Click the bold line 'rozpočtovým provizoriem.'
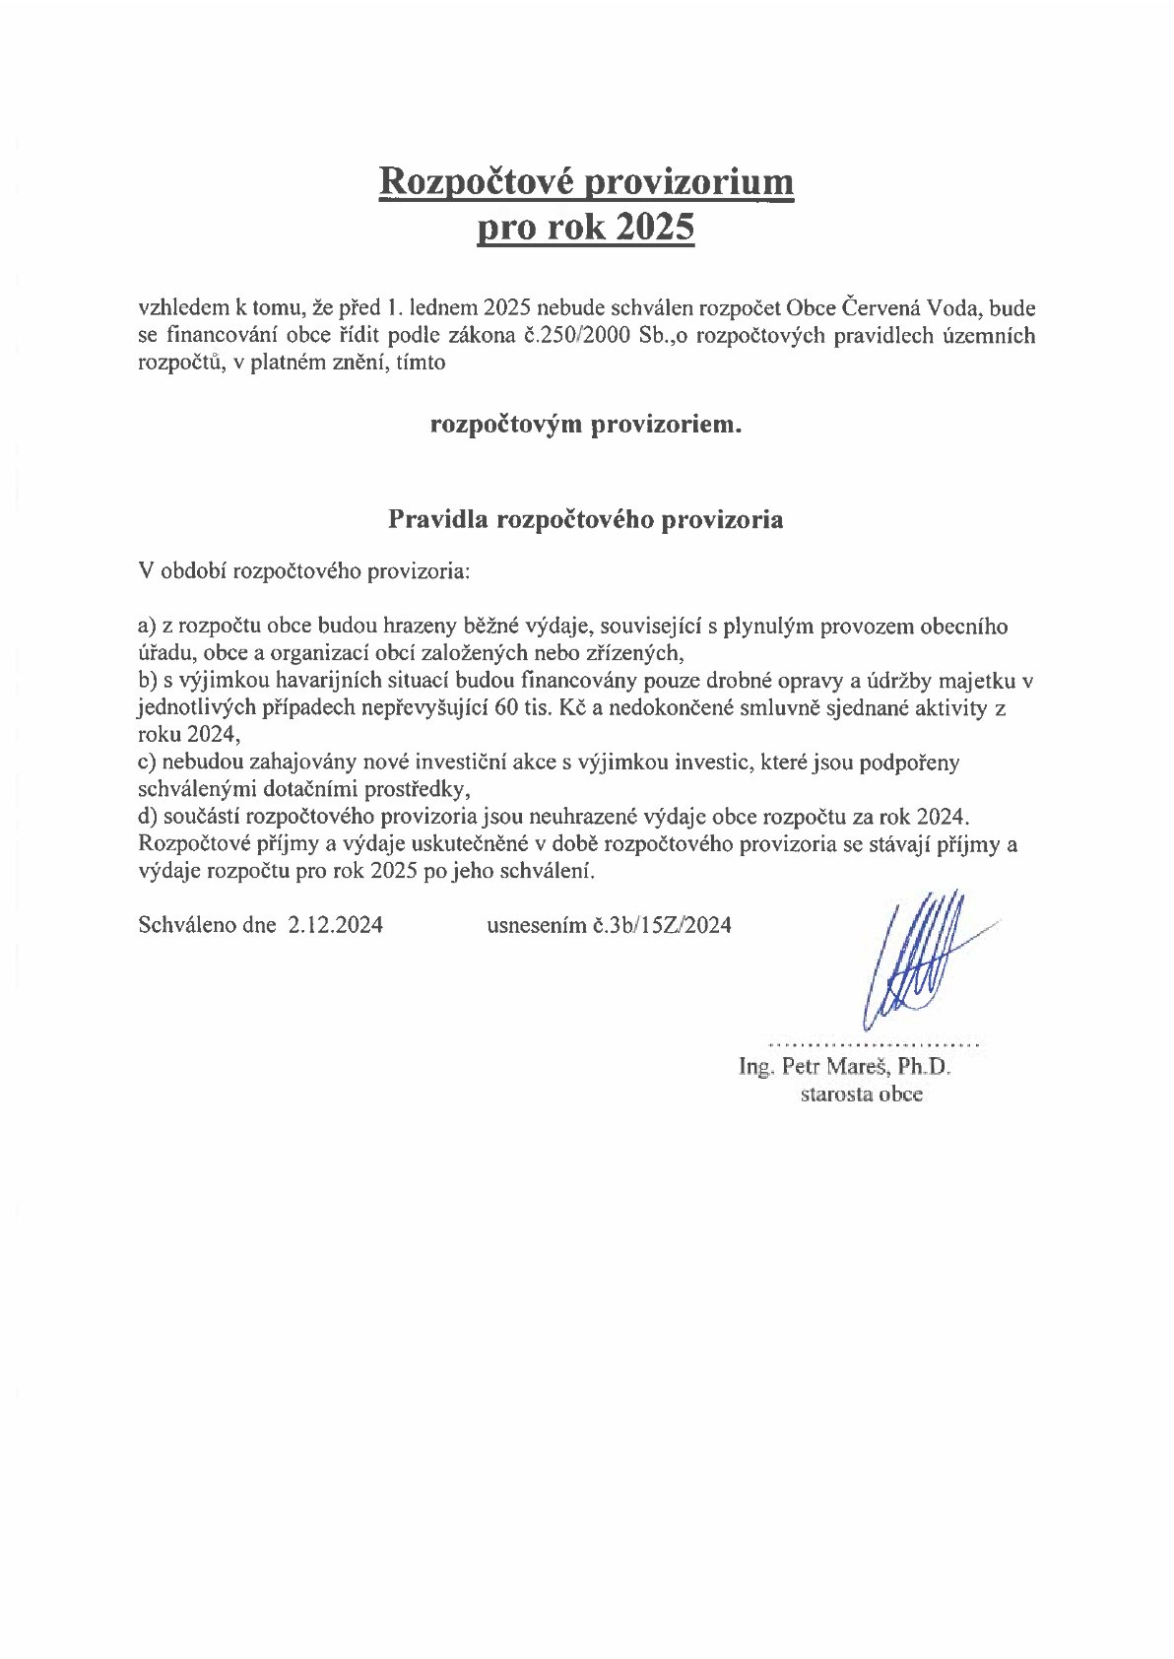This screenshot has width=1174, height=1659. pos(586,426)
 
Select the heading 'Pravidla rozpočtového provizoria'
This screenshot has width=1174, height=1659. pos(586,520)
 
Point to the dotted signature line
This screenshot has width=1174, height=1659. pos(873,1042)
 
